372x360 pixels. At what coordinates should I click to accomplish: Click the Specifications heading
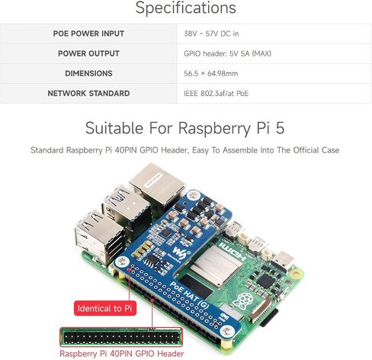click(x=186, y=8)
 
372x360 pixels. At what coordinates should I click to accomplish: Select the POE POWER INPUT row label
click(x=88, y=34)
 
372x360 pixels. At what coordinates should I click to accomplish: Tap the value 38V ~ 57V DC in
click(x=211, y=34)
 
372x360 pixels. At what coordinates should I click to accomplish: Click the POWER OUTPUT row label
click(x=88, y=53)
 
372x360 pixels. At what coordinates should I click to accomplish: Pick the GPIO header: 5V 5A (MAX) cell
click(x=228, y=53)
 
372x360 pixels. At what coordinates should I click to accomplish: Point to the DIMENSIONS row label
click(x=88, y=73)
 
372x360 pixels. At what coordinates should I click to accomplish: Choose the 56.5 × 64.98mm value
click(x=211, y=73)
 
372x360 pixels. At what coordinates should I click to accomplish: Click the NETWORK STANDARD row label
click(x=88, y=93)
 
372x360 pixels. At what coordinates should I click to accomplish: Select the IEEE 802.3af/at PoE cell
click(x=216, y=94)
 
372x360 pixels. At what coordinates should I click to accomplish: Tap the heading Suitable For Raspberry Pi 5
click(x=184, y=128)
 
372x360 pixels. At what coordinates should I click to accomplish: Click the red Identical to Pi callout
click(x=105, y=308)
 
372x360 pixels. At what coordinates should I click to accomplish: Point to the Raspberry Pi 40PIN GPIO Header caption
click(x=122, y=354)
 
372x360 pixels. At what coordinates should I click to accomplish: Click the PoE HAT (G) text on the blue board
click(x=189, y=295)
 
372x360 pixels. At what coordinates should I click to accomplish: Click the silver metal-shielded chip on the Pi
click(x=216, y=264)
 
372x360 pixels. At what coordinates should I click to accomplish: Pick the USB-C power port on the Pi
click(x=283, y=262)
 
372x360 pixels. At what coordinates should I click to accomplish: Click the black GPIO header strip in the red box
click(x=121, y=337)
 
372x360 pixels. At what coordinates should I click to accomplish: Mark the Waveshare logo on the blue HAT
click(x=181, y=252)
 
